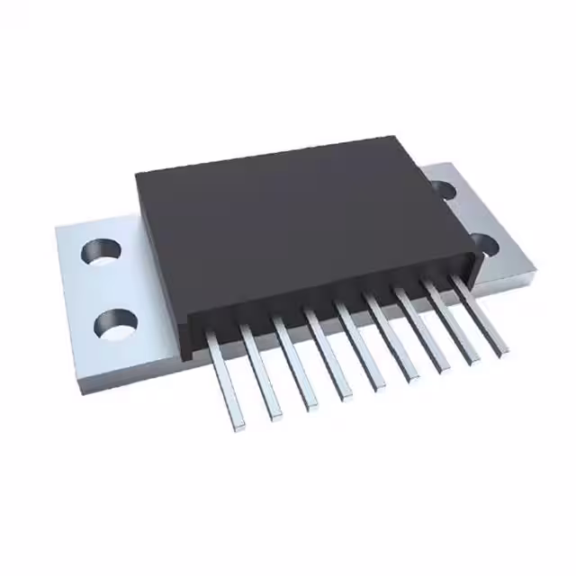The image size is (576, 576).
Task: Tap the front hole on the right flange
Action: click(484, 243)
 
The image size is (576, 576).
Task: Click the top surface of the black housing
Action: click(297, 225)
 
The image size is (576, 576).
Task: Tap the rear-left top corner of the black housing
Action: click(137, 174)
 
